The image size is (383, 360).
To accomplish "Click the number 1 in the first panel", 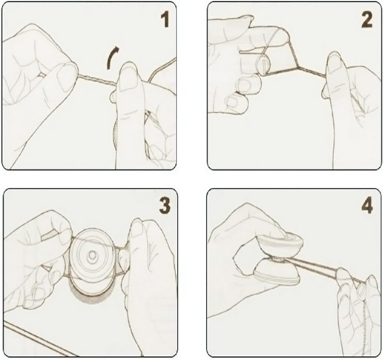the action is [165, 20].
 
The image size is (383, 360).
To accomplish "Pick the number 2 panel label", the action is [367, 20].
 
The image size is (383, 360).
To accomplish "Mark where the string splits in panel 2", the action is [298, 66].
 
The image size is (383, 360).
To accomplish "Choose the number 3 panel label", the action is [165, 206].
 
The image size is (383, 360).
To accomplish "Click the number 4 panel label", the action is [367, 206].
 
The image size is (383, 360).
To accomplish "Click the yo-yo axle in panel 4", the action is [278, 261].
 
